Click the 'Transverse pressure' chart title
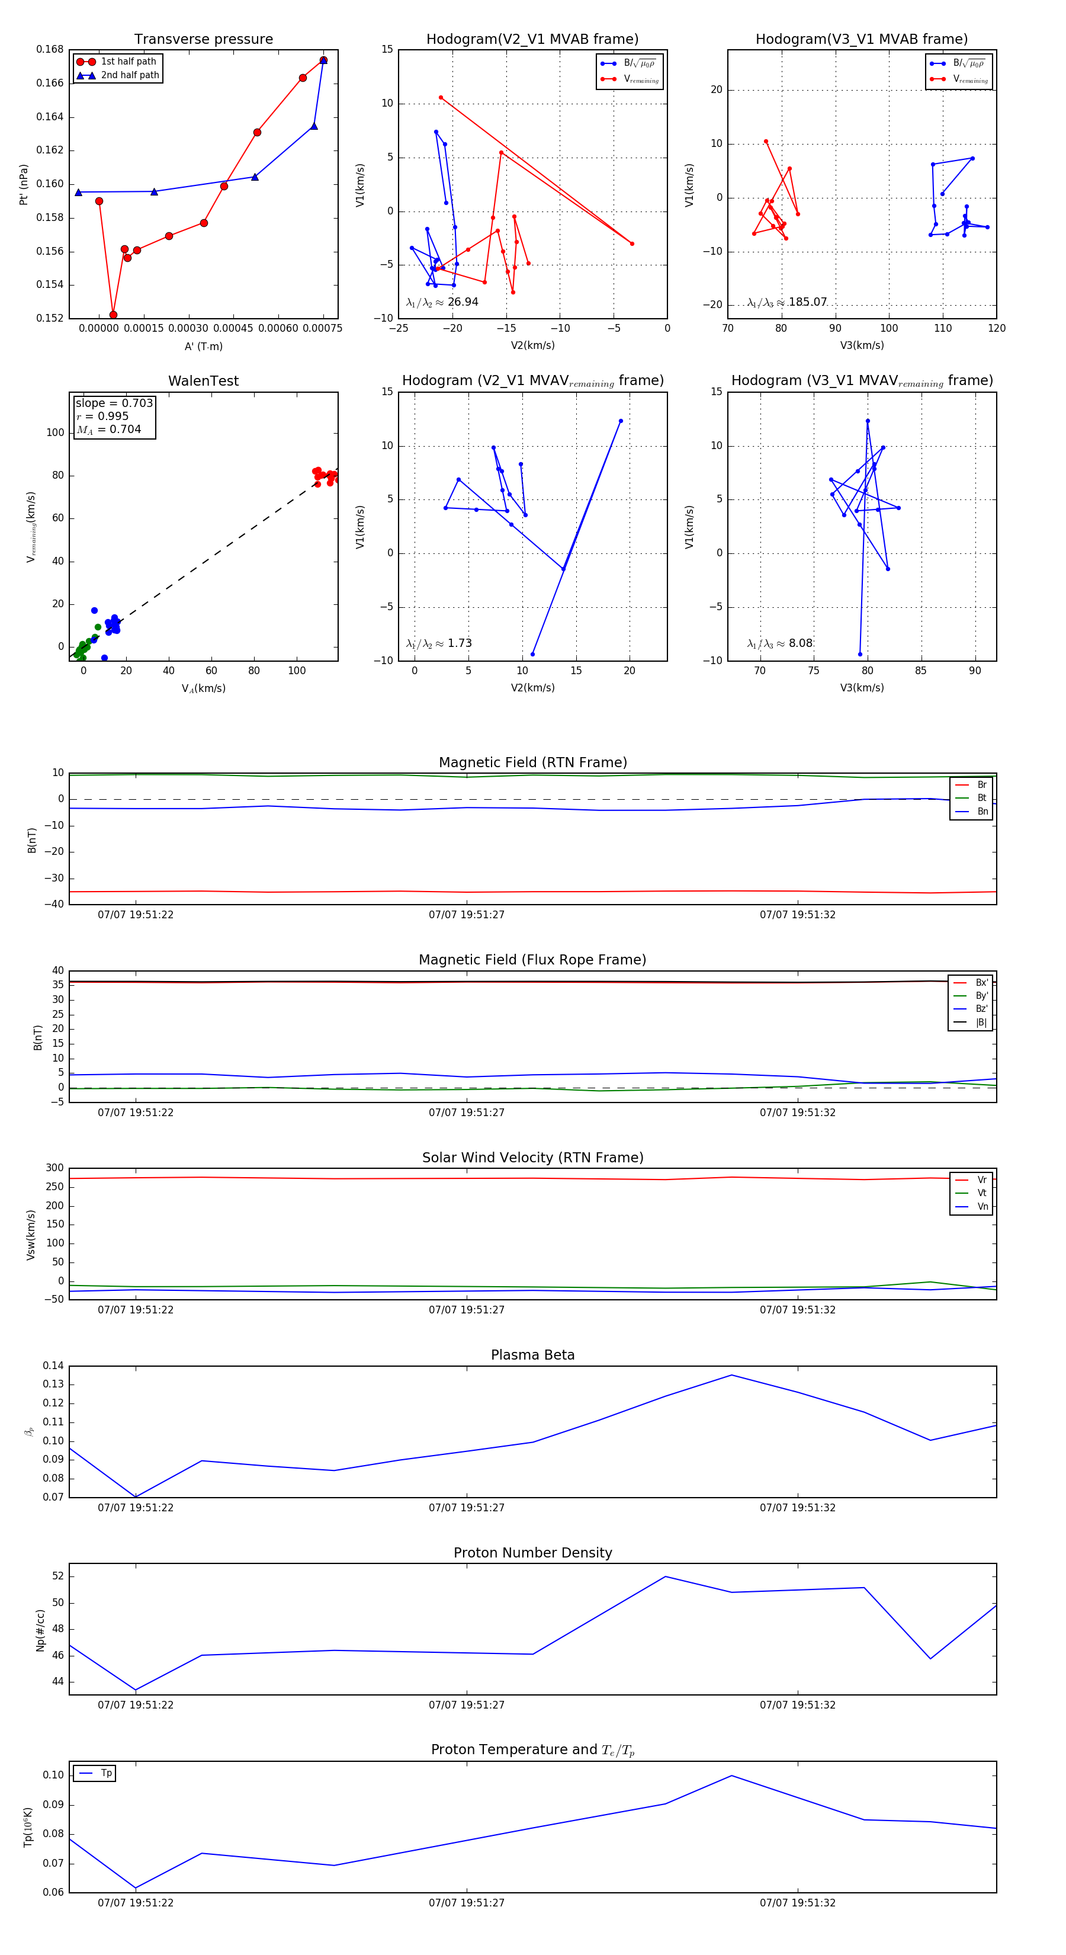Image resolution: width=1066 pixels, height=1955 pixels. click(x=203, y=40)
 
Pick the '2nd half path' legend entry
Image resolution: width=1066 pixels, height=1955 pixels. click(x=130, y=75)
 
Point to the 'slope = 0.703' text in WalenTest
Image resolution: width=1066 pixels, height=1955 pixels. click(x=114, y=403)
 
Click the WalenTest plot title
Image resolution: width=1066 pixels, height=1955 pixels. click(x=203, y=381)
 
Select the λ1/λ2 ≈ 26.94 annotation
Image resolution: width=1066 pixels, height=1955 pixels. click(x=442, y=302)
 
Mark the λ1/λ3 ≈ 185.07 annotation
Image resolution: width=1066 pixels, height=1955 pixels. click(x=787, y=302)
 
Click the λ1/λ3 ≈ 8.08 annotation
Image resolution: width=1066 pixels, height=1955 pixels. click(x=779, y=643)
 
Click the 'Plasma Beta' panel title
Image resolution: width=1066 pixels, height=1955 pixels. click(x=532, y=1355)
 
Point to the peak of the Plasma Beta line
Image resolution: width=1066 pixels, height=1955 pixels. click(x=731, y=1375)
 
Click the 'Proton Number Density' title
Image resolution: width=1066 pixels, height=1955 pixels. click(x=532, y=1553)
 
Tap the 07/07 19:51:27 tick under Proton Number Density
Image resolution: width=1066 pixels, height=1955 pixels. click(x=467, y=1704)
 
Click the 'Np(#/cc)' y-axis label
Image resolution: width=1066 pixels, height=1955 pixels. click(x=41, y=1630)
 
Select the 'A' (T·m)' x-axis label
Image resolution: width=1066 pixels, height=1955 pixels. click(x=203, y=347)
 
